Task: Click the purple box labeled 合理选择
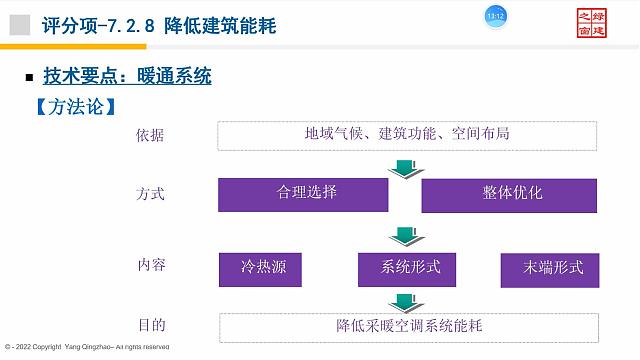coord(303,194)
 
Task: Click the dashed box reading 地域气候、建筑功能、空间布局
coord(407,135)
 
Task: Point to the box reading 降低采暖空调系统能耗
coord(409,326)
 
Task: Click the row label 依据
coord(151,136)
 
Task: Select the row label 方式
coord(151,193)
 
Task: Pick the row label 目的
coord(151,325)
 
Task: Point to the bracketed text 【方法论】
coord(76,105)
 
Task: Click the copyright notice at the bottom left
coord(85,346)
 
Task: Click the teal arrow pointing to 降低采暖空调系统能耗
coord(403,301)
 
